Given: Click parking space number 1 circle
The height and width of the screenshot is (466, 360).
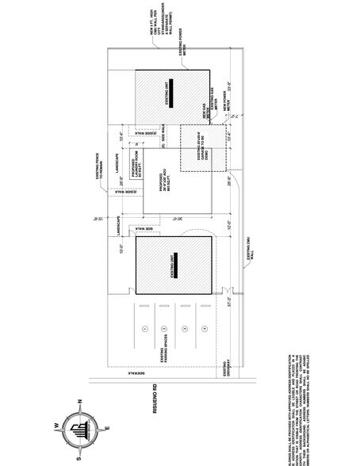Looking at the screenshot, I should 144,327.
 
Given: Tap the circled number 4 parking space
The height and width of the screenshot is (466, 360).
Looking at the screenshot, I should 205,327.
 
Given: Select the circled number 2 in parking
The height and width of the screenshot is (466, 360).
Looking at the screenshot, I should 164,327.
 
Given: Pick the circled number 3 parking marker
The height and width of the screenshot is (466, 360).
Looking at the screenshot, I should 184,327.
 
